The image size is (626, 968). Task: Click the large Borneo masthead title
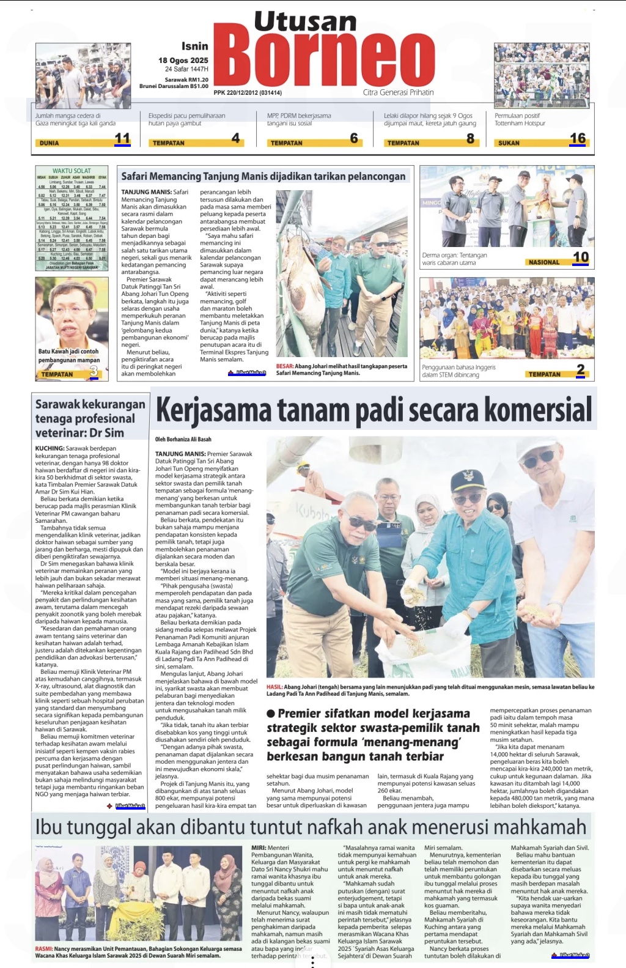pos(324,58)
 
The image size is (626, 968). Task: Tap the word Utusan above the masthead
pos(305,22)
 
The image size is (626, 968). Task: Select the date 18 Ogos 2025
pos(183,60)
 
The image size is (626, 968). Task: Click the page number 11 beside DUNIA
pos(122,139)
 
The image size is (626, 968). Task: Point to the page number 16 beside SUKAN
pos(578,139)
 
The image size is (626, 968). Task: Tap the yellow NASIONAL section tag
pos(544,262)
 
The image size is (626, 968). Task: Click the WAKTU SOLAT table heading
pos(72,171)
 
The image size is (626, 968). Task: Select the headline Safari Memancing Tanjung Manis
pos(263,176)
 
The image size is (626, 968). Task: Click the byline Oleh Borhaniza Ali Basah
pos(183,439)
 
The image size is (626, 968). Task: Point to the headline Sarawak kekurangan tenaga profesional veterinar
pos(90,418)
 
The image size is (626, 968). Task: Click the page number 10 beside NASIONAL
pos(581,257)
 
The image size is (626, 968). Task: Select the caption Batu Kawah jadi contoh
pos(68,352)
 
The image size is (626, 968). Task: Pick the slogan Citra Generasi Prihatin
pos(398,92)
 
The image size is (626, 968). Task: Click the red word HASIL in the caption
pos(274,687)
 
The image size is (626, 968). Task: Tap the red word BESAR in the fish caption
pos(285,366)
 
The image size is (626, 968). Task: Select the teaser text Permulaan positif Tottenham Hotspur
pos(520,119)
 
